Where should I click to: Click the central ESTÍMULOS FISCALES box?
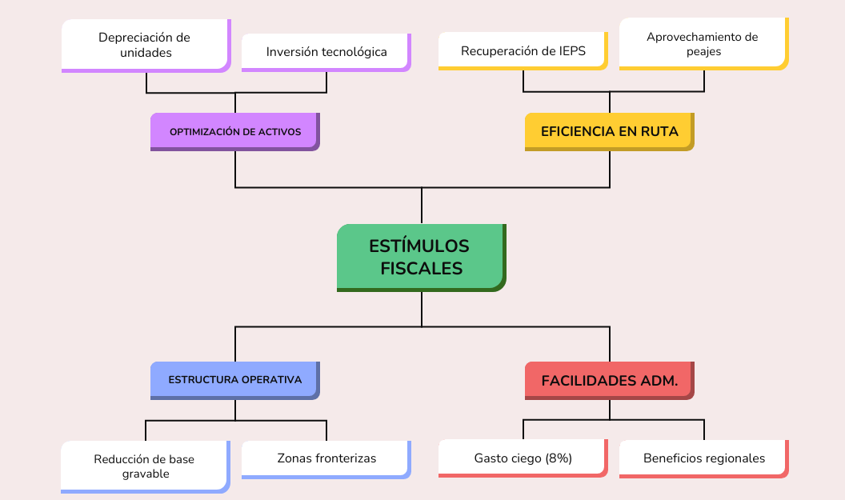pyautogui.click(x=421, y=257)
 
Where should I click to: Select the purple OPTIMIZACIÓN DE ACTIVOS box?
pyautogui.click(x=234, y=131)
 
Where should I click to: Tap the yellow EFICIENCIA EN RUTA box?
pyautogui.click(x=609, y=131)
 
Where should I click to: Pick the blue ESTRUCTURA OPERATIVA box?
pyautogui.click(x=234, y=379)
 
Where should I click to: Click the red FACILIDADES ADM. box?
pyautogui.click(x=609, y=380)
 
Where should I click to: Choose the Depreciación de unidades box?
pyautogui.click(x=145, y=45)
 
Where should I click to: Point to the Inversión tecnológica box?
pyautogui.click(x=326, y=52)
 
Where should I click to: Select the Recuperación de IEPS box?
pyautogui.click(x=523, y=51)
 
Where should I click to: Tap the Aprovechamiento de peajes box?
pyautogui.click(x=703, y=43)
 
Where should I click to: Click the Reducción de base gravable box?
pyautogui.click(x=145, y=466)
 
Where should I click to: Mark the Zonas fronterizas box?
pyautogui.click(x=326, y=458)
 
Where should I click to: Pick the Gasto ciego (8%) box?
pyautogui.click(x=523, y=458)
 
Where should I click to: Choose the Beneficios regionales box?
pyautogui.click(x=703, y=458)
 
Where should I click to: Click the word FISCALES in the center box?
pyautogui.click(x=421, y=269)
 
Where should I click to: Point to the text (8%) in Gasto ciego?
pyautogui.click(x=559, y=458)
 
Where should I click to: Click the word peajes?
pyautogui.click(x=703, y=51)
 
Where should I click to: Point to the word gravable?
pyautogui.click(x=145, y=474)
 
